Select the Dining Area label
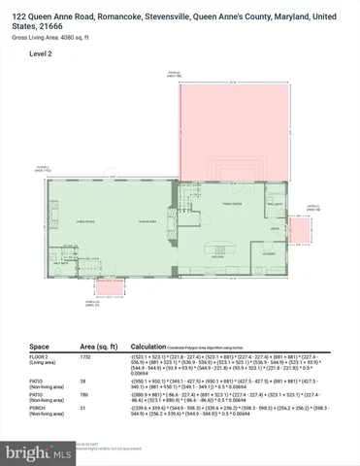(147, 221)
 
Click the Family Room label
(232, 205)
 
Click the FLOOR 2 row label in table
(42, 359)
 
